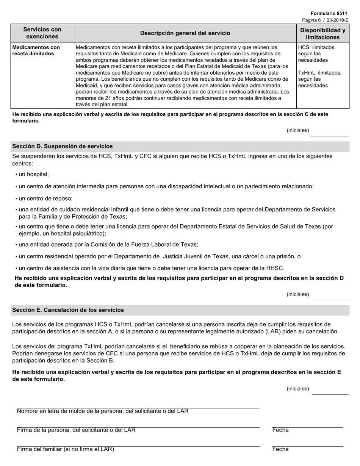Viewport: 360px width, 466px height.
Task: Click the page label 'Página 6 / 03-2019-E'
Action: (x=325, y=20)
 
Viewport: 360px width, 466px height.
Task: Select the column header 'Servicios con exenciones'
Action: (x=42, y=33)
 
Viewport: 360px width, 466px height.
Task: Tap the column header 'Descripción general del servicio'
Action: (x=185, y=33)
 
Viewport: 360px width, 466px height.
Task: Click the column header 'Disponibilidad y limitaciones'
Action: (x=322, y=33)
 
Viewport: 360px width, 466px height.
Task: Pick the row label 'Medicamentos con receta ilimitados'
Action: (x=36, y=50)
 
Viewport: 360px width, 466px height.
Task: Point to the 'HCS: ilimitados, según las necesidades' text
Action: (x=317, y=53)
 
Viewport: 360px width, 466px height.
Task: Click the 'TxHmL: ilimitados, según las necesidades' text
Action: (x=319, y=79)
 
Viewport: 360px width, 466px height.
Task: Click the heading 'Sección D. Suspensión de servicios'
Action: (x=62, y=146)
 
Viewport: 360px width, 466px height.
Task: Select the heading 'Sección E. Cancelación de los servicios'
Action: (x=68, y=310)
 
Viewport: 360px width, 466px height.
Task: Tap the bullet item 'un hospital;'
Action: (x=33, y=174)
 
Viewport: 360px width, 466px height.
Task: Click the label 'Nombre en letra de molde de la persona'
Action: (x=102, y=411)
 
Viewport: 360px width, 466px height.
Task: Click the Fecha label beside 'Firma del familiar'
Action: (x=280, y=449)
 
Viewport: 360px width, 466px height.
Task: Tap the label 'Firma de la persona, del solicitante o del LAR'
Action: (x=76, y=430)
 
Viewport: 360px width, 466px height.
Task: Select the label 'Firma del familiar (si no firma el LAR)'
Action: (x=65, y=449)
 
